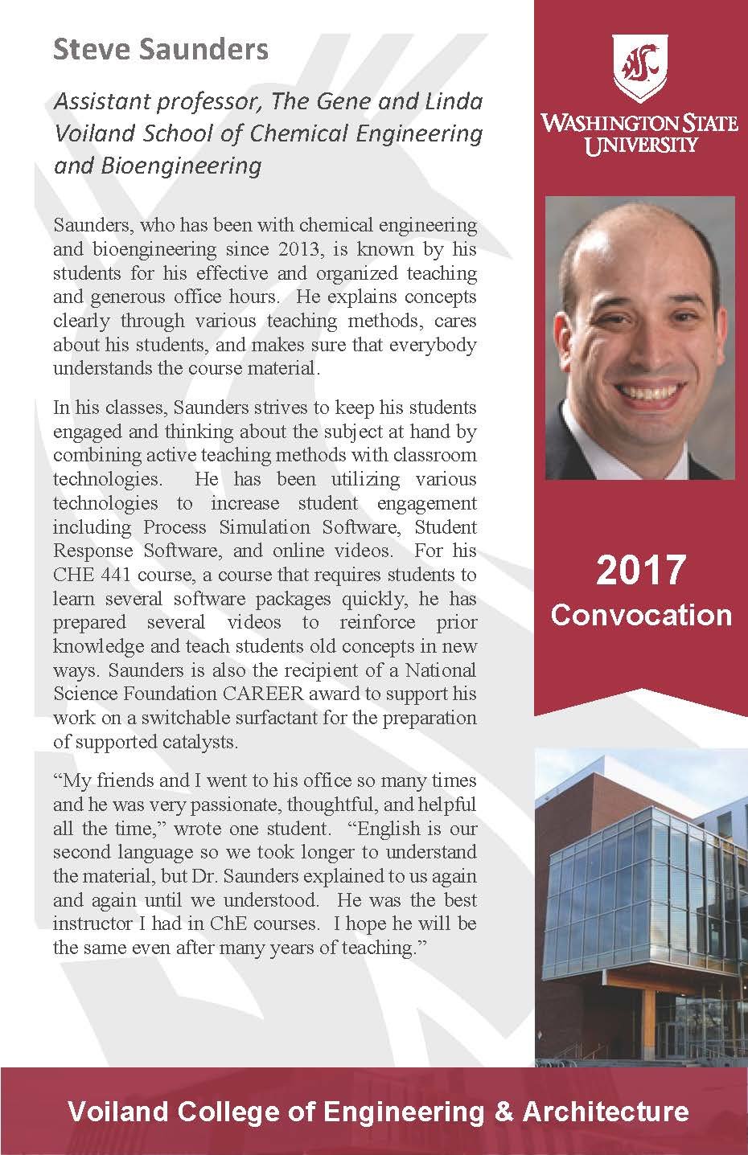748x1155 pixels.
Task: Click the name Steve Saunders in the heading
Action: pyautogui.click(x=161, y=50)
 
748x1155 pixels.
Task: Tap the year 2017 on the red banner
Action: pyautogui.click(x=641, y=570)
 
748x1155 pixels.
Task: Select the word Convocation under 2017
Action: pyautogui.click(x=641, y=615)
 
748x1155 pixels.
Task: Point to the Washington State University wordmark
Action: pyautogui.click(x=640, y=133)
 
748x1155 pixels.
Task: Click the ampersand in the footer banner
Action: pyautogui.click(x=503, y=1112)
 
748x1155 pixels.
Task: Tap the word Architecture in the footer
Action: pyautogui.click(x=606, y=1112)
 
